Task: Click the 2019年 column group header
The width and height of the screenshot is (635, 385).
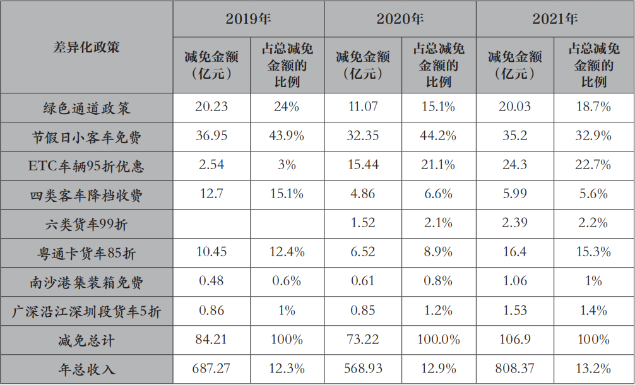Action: (248, 19)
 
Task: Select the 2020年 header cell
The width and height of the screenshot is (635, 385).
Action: (400, 19)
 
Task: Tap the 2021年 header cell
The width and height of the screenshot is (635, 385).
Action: (555, 19)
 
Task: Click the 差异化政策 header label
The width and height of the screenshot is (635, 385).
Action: (86, 47)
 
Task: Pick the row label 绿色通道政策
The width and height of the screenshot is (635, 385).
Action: (86, 108)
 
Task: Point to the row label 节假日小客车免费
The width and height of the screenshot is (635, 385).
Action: (86, 137)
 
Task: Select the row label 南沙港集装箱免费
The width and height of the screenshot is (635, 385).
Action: (86, 282)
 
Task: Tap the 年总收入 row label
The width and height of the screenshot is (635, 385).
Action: (86, 369)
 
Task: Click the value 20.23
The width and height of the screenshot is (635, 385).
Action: (211, 107)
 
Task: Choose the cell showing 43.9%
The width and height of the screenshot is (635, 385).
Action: (287, 136)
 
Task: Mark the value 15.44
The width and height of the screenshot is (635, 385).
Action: (363, 164)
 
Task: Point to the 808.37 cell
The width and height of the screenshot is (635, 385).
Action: (514, 369)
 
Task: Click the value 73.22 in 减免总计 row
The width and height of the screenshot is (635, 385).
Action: (363, 340)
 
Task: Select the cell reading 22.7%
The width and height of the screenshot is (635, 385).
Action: (593, 164)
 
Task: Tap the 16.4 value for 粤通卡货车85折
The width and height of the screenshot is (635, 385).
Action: (514, 252)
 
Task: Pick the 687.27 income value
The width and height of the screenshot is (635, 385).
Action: (211, 369)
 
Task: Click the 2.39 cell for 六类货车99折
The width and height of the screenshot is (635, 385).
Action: (514, 223)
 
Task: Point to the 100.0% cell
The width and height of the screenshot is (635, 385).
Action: (439, 340)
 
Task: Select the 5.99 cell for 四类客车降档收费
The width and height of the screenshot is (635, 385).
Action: (514, 194)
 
